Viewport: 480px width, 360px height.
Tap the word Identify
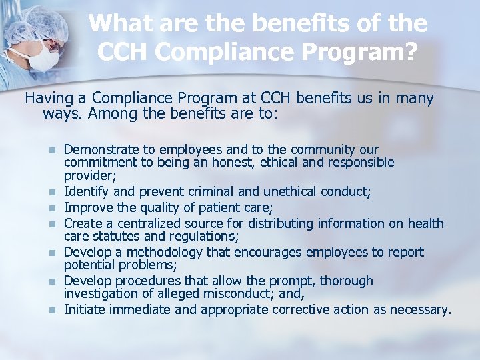pyautogui.click(x=87, y=192)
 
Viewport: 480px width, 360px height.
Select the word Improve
pyautogui.click(x=88, y=207)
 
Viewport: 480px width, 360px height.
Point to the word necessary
pyautogui.click(x=425, y=310)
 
